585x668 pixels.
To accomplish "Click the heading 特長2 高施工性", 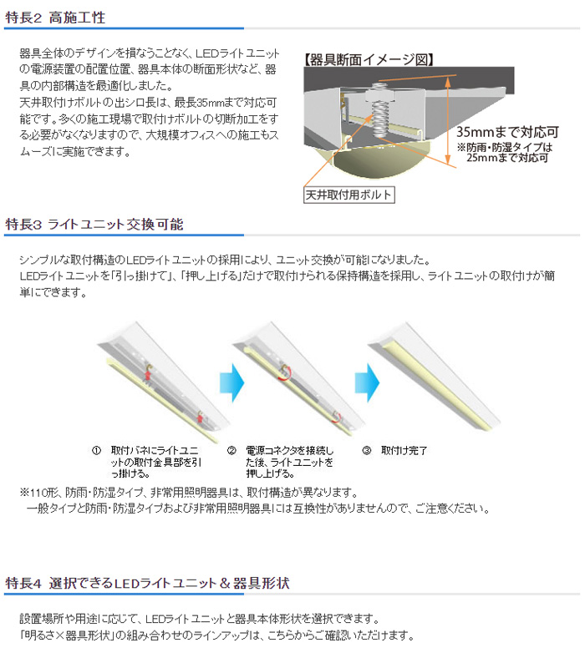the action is click(x=55, y=18).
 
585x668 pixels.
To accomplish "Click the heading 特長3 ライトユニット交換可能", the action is click(x=94, y=224).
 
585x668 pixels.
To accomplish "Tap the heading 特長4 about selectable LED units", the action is click(x=148, y=583).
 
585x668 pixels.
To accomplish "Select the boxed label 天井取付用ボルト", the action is click(x=348, y=195).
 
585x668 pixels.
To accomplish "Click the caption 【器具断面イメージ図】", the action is click(x=369, y=59).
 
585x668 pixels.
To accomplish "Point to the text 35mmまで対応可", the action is click(x=507, y=132).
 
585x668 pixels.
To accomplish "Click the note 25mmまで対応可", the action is click(x=507, y=158).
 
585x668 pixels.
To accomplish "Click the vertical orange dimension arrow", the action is click(x=448, y=120).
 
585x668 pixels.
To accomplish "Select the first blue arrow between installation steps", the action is click(x=232, y=382).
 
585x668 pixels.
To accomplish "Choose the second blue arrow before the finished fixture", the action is click(x=367, y=382).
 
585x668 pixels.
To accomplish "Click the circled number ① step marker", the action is click(x=97, y=450).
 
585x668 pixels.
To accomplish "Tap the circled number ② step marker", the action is click(x=231, y=450).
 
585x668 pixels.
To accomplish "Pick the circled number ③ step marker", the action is click(x=367, y=450).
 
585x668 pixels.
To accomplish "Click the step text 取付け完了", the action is click(x=404, y=450).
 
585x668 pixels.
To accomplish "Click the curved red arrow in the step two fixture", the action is click(x=285, y=373).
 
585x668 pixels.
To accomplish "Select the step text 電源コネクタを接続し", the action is click(x=290, y=450).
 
